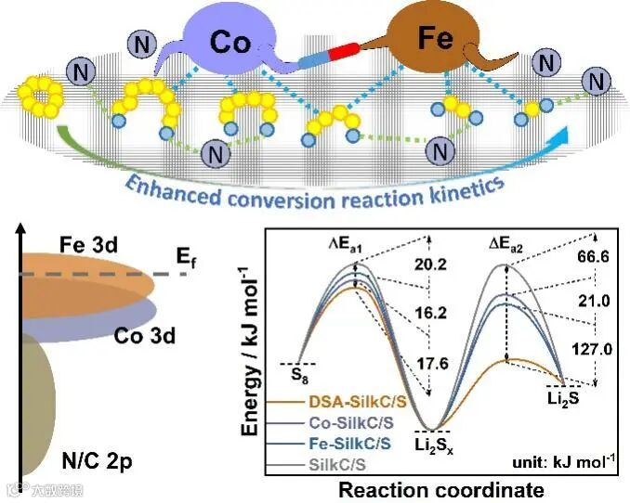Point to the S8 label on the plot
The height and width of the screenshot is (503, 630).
[299, 376]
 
